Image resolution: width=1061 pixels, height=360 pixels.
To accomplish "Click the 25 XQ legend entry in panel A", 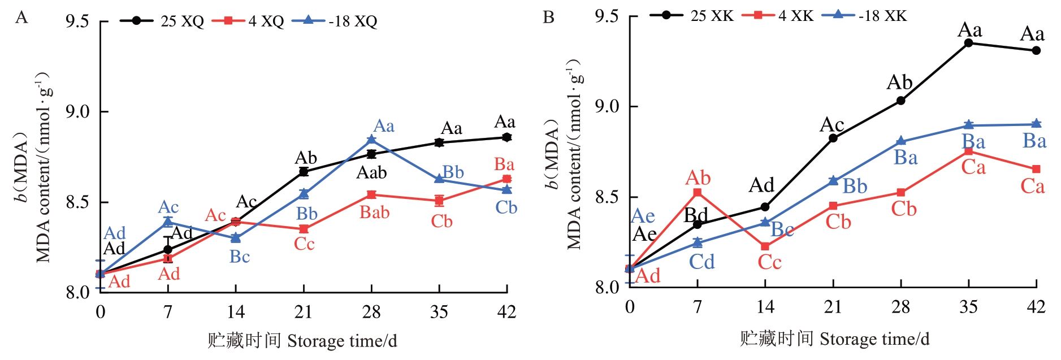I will click(162, 21).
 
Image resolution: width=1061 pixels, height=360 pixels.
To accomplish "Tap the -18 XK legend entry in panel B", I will click(864, 15).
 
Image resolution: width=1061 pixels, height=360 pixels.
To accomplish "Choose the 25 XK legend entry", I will click(691, 15).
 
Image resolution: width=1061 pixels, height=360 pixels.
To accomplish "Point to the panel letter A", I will click(21, 18).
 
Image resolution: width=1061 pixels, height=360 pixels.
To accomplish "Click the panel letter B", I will click(548, 18).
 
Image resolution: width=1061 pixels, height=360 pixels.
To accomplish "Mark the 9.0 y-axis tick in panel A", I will click(78, 112).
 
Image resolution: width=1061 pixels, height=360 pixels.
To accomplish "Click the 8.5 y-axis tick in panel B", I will click(608, 197).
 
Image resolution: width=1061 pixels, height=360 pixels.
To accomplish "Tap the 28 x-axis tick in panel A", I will click(371, 311).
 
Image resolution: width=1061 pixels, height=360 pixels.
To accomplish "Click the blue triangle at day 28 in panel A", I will click(371, 140).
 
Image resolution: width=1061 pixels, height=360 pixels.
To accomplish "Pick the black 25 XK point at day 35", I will click(968, 43).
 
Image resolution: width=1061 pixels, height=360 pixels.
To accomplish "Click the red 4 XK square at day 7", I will click(698, 193).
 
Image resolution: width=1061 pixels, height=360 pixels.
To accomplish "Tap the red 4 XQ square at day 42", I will click(506, 179).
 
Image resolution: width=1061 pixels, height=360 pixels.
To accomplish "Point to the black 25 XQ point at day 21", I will click(304, 171).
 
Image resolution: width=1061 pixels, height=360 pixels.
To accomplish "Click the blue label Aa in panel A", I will click(384, 126).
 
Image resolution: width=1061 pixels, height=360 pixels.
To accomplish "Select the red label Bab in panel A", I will click(374, 212).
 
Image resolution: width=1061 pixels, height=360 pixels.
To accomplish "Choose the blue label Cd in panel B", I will click(701, 262).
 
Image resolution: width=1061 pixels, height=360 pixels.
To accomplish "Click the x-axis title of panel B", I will click(834, 339).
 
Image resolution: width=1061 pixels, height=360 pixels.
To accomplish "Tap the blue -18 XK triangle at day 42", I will click(1036, 124).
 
